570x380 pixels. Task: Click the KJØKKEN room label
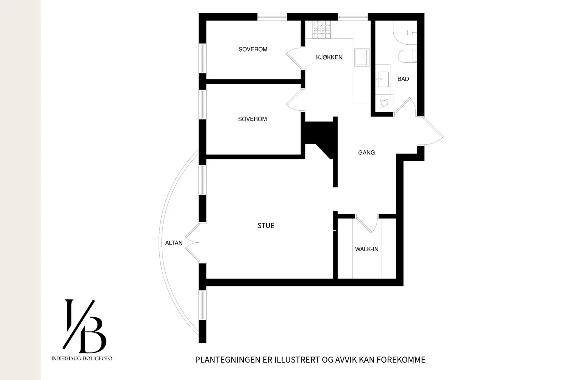pyautogui.click(x=329, y=57)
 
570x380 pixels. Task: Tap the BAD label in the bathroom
pyautogui.click(x=403, y=79)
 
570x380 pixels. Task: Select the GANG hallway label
pyautogui.click(x=367, y=153)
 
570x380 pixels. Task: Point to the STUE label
pyautogui.click(x=266, y=226)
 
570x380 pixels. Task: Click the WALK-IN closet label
pyautogui.click(x=367, y=249)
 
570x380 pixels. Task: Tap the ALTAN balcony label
pyautogui.click(x=174, y=243)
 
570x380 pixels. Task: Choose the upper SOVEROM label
pyautogui.click(x=253, y=50)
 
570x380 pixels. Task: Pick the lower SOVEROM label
pyautogui.click(x=253, y=119)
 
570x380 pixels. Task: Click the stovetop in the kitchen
pyautogui.click(x=322, y=30)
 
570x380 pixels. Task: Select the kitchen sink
pyautogui.click(x=362, y=57)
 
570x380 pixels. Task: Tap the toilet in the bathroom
pyautogui.click(x=408, y=56)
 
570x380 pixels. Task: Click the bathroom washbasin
pyautogui.click(x=383, y=79)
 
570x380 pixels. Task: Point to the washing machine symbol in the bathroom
pyautogui.click(x=384, y=103)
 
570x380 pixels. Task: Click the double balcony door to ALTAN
pyautogui.click(x=192, y=243)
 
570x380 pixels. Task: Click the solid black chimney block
pyautogui.click(x=321, y=139)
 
